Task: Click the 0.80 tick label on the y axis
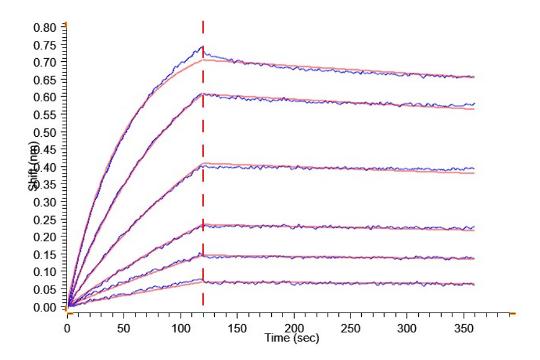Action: [x=47, y=27]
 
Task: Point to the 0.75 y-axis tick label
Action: [x=47, y=45]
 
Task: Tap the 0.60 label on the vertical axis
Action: [x=47, y=97]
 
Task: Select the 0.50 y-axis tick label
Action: [x=47, y=132]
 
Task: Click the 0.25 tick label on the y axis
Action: [x=47, y=220]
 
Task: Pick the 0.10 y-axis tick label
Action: [x=47, y=272]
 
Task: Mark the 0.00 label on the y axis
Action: [x=47, y=307]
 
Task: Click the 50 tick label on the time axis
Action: [x=124, y=328]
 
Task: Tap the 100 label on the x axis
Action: [x=180, y=328]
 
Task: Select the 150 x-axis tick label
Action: [x=237, y=328]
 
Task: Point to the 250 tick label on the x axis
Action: [x=350, y=328]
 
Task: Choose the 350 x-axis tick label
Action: [x=463, y=328]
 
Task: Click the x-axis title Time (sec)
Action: [x=292, y=338]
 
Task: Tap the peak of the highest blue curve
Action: [x=202, y=47]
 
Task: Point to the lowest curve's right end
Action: [x=473, y=284]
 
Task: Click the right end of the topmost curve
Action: [x=473, y=77]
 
